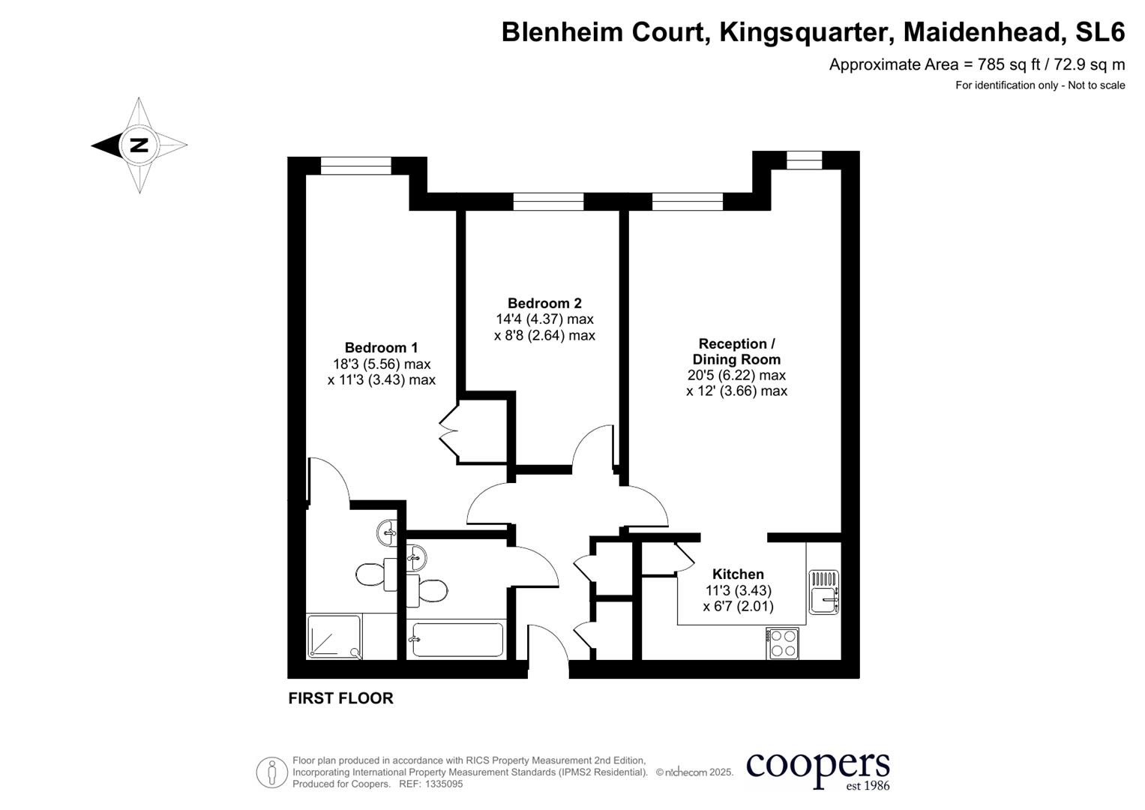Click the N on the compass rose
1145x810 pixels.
click(x=139, y=145)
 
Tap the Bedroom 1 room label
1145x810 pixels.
click(x=381, y=347)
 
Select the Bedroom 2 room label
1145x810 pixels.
click(x=544, y=303)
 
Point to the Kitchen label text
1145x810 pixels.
click(x=738, y=574)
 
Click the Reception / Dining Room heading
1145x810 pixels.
click(x=736, y=352)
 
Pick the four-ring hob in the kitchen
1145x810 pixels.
click(x=783, y=643)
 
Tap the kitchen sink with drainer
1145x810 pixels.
click(x=823, y=592)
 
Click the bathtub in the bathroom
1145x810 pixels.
click(x=457, y=640)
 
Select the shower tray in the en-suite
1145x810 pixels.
click(x=334, y=636)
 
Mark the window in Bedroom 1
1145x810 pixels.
click(x=356, y=165)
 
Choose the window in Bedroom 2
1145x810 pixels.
click(x=548, y=201)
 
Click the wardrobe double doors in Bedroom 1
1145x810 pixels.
click(x=448, y=431)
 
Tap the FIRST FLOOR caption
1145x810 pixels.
click(x=340, y=698)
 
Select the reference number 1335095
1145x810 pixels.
click(x=444, y=784)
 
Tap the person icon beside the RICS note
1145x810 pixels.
click(x=272, y=772)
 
